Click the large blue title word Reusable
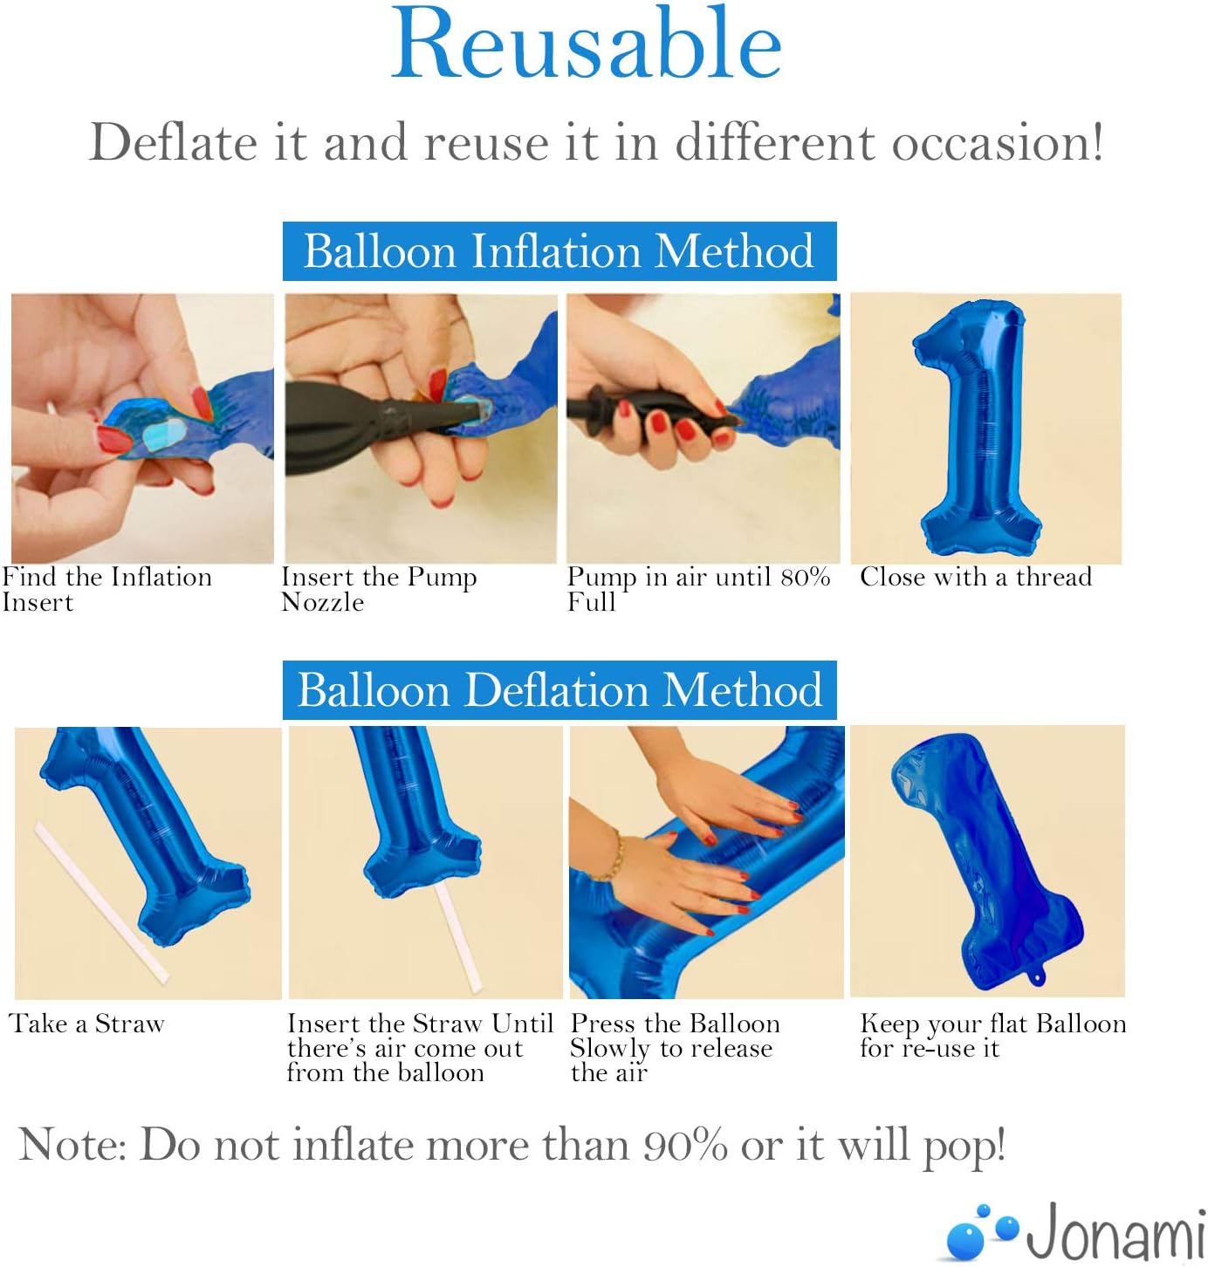coord(587,44)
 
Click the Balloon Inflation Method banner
coord(559,250)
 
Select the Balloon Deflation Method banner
coord(559,690)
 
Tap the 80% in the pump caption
coord(805,577)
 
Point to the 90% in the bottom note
coord(685,1145)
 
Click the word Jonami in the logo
coord(1115,1231)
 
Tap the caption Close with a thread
coord(976,577)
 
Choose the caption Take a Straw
coord(86,1024)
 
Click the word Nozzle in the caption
coord(322,603)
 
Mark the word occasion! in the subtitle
coord(998,143)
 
